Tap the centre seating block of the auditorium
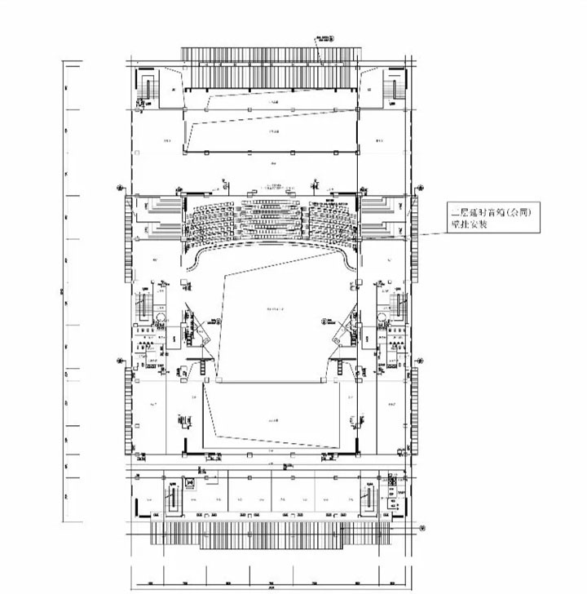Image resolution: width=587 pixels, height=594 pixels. pos(270,218)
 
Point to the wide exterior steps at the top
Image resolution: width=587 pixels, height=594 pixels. pos(270,55)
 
